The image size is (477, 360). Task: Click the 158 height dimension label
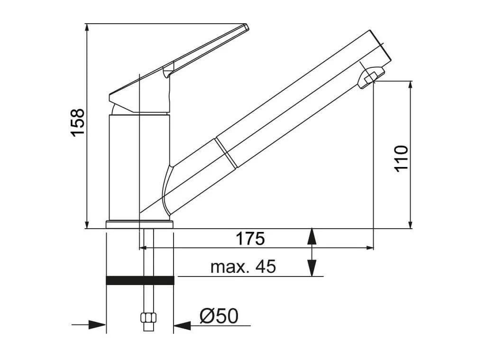click(x=77, y=122)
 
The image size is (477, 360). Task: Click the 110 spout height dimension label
click(x=401, y=159)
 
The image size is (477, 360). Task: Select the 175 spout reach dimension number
click(x=250, y=239)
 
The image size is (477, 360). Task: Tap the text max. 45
click(x=243, y=267)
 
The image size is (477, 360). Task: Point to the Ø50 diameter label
click(x=219, y=316)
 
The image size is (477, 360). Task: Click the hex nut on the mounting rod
click(x=148, y=318)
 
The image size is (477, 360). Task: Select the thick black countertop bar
click(x=140, y=280)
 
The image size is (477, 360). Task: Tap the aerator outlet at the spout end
click(x=371, y=76)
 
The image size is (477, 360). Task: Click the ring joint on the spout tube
click(x=226, y=153)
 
